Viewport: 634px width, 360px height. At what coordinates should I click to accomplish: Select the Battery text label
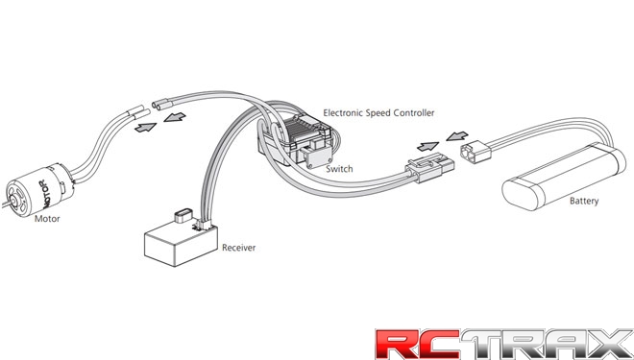click(584, 202)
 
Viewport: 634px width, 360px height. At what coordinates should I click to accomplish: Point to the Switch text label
click(339, 169)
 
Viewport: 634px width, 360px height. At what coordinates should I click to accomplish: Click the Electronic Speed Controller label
click(378, 113)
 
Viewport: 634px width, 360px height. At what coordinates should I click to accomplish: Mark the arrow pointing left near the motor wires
click(174, 117)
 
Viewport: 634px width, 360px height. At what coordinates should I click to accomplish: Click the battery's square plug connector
click(476, 154)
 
